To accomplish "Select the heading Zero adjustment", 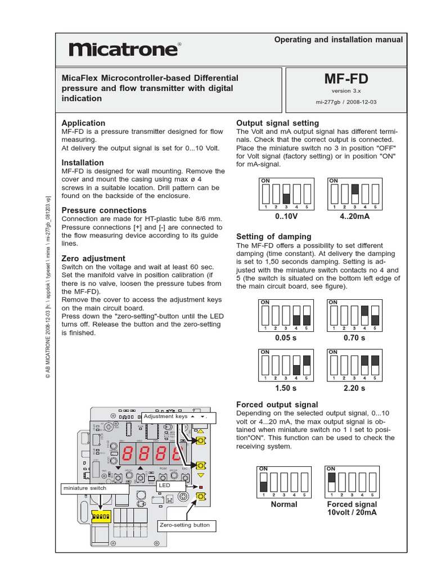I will [x=93, y=258].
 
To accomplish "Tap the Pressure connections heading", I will [x=103, y=210].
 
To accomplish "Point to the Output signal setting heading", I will [x=277, y=123].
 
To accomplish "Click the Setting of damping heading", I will [x=273, y=236].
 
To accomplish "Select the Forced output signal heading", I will [x=277, y=404].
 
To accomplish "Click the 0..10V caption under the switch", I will [x=287, y=217].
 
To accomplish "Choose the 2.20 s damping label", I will [x=354, y=388].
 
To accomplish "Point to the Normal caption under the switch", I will [x=284, y=505].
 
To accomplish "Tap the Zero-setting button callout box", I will [x=184, y=525].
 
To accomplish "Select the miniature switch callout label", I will [x=84, y=488].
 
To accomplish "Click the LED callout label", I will [x=165, y=484].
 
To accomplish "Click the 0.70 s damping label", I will [x=354, y=338].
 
